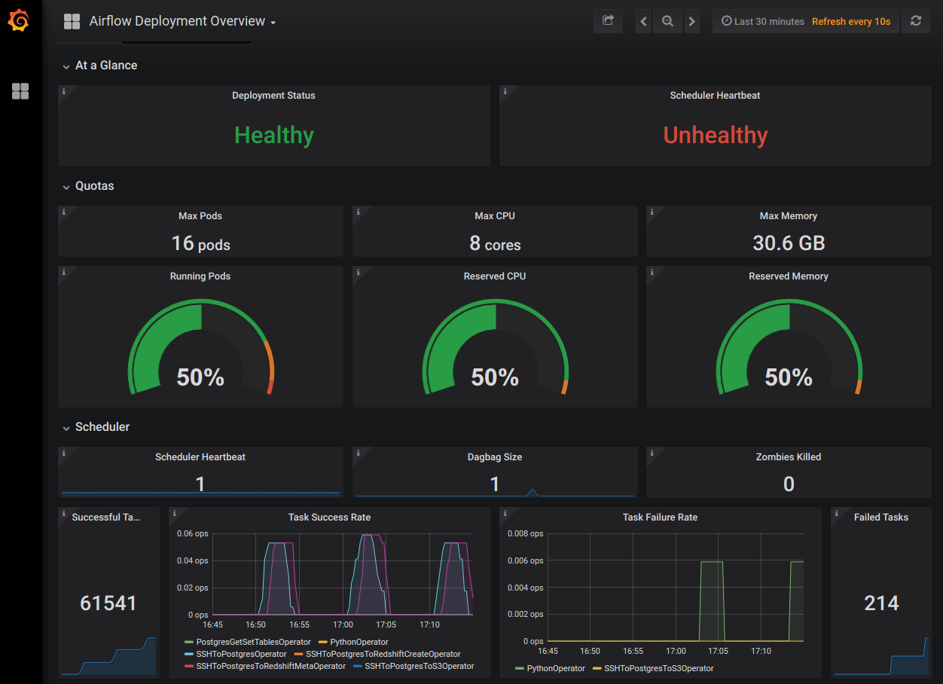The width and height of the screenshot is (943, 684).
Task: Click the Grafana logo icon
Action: pyautogui.click(x=19, y=21)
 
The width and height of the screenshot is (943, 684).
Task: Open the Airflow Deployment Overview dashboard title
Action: pyautogui.click(x=177, y=21)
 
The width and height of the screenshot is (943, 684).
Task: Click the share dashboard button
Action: pyautogui.click(x=608, y=21)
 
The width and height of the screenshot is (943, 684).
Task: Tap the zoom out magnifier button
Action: pyautogui.click(x=667, y=21)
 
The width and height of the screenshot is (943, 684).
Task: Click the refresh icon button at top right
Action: pyautogui.click(x=915, y=21)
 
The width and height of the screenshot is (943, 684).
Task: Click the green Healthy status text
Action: pyautogui.click(x=274, y=135)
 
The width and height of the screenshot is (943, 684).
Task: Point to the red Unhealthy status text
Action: pyautogui.click(x=716, y=135)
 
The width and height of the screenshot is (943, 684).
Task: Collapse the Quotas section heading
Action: pyautogui.click(x=94, y=186)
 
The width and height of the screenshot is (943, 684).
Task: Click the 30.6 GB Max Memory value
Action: pyautogui.click(x=789, y=243)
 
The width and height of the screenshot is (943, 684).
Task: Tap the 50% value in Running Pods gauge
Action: pyautogui.click(x=200, y=377)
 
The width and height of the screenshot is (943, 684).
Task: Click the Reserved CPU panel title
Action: pyautogui.click(x=495, y=276)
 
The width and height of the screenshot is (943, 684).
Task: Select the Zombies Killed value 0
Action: pyautogui.click(x=789, y=484)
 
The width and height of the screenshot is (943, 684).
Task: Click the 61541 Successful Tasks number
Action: pyautogui.click(x=108, y=603)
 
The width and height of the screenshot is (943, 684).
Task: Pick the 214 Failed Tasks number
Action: pyautogui.click(x=881, y=603)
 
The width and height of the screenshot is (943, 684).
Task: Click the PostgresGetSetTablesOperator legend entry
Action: pyautogui.click(x=253, y=642)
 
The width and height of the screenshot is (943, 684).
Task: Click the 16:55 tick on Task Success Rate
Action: pyautogui.click(x=300, y=624)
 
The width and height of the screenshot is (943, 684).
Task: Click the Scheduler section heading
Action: pyautogui.click(x=102, y=427)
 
